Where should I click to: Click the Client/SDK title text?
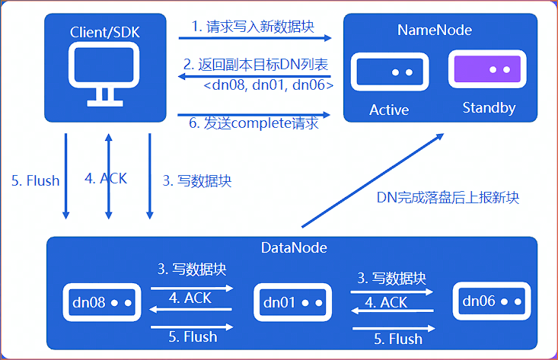point(104,32)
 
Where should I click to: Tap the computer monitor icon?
point(104,75)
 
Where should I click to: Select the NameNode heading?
point(434,30)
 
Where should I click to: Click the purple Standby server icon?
point(488,70)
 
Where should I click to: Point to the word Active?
point(389,110)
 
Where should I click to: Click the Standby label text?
point(489,108)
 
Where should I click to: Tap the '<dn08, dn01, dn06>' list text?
point(268,85)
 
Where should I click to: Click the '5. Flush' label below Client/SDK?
point(35,180)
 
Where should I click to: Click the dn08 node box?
point(99,303)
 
